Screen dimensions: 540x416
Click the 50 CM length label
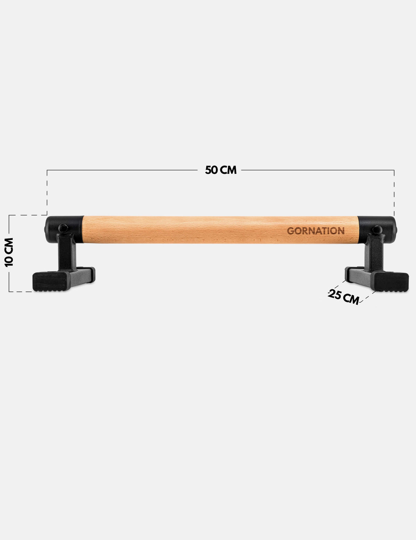(x=221, y=170)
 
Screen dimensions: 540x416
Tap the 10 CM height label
(x=9, y=252)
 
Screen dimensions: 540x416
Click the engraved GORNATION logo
(x=315, y=231)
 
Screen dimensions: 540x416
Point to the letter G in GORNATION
(x=290, y=231)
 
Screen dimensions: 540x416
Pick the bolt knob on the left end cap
(x=63, y=228)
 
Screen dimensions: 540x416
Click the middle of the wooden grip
(x=220, y=229)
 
